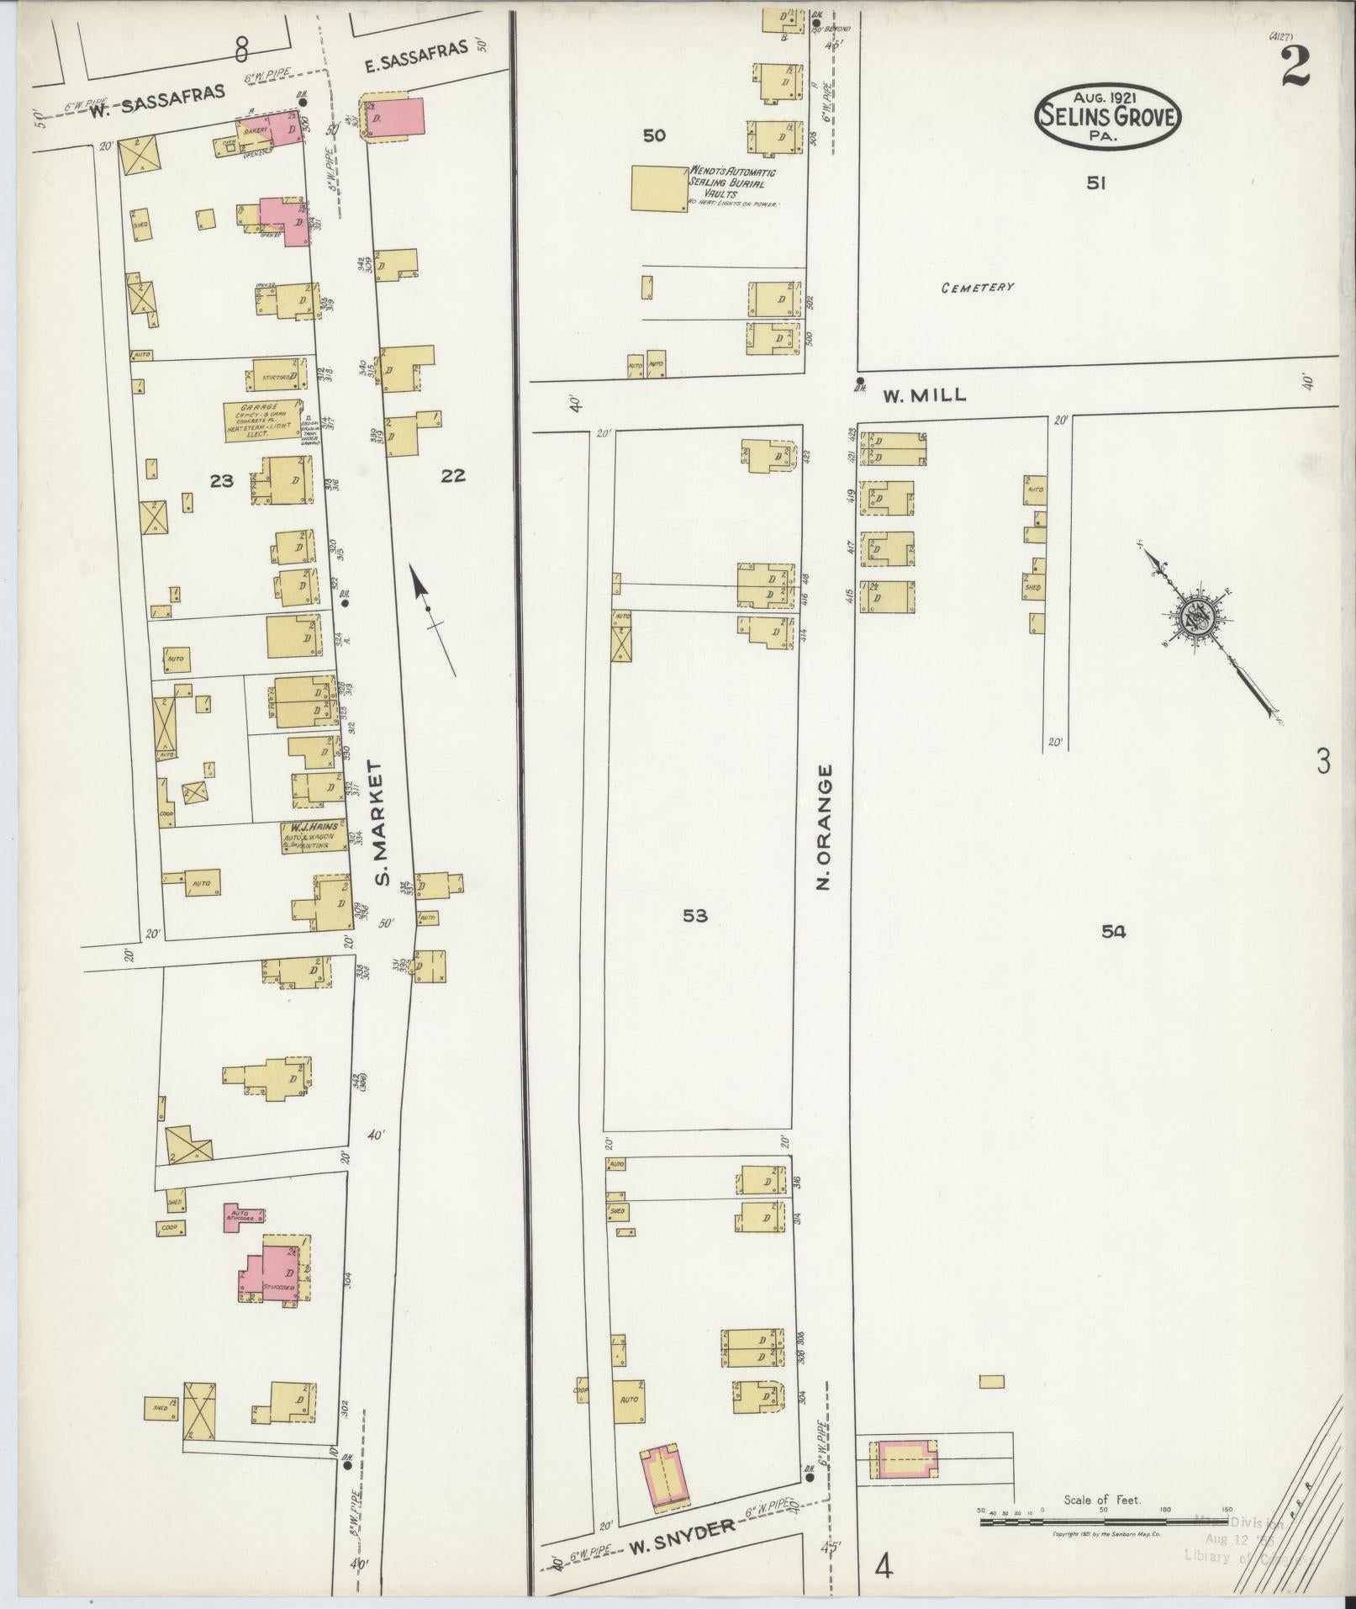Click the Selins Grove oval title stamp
[x=1108, y=116]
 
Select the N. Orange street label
[x=825, y=827]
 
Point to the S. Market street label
[x=383, y=823]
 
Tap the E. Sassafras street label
[x=415, y=52]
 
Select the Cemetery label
[x=978, y=288]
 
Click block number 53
[x=694, y=916]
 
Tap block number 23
[x=222, y=481]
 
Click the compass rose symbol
[x=1194, y=619]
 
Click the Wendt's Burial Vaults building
[x=658, y=188]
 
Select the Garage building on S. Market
[x=261, y=420]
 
